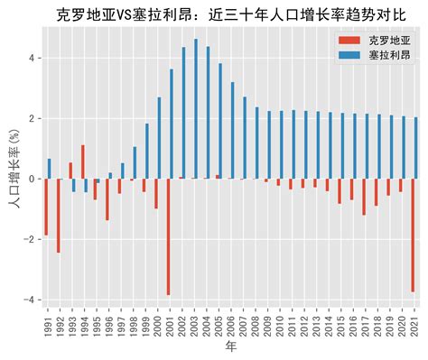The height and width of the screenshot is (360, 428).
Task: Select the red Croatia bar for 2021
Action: point(413,235)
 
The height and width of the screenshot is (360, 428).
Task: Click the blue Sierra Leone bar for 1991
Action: point(50,169)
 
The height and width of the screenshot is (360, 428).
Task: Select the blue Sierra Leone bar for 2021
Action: point(416,148)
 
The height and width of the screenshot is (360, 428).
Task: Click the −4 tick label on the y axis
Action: point(30,300)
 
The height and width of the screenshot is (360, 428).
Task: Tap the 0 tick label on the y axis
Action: point(33,179)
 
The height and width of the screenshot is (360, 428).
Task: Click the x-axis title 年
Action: point(231,346)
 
